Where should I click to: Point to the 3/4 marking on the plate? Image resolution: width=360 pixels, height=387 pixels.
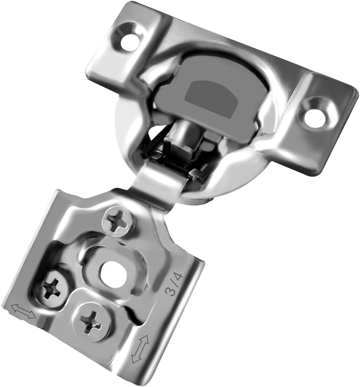[x=174, y=284]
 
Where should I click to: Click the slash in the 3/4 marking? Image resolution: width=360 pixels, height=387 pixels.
[x=174, y=284]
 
